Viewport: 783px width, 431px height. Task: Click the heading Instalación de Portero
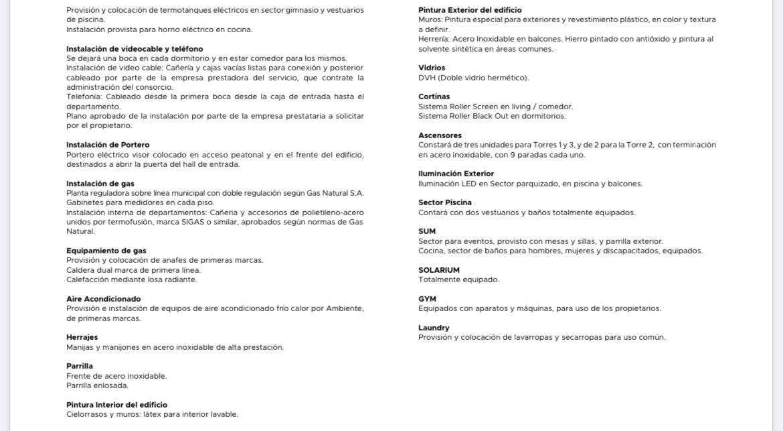[x=108, y=145]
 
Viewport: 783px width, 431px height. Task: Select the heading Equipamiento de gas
[x=106, y=251]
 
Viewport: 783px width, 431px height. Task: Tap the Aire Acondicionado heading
[x=104, y=299]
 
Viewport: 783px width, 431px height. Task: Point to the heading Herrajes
[x=82, y=337]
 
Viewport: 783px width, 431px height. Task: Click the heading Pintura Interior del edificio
[x=117, y=405]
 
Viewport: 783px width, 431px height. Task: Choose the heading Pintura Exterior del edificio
[x=470, y=10]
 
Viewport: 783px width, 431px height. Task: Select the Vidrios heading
[x=432, y=68]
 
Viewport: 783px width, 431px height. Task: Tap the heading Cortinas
[x=434, y=97]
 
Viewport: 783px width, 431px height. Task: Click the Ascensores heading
[x=440, y=135]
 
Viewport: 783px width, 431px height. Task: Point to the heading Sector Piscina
[x=445, y=202]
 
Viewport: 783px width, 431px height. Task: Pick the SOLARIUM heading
[x=439, y=270]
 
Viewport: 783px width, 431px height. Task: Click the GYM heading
[x=427, y=299]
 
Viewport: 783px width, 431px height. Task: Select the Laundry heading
[x=434, y=328]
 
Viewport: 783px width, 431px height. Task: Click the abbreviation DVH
[x=427, y=78]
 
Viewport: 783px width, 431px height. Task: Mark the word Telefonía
[x=84, y=97]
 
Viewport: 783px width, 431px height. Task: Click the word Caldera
[x=80, y=270]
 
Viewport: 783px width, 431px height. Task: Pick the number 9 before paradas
[x=513, y=155]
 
